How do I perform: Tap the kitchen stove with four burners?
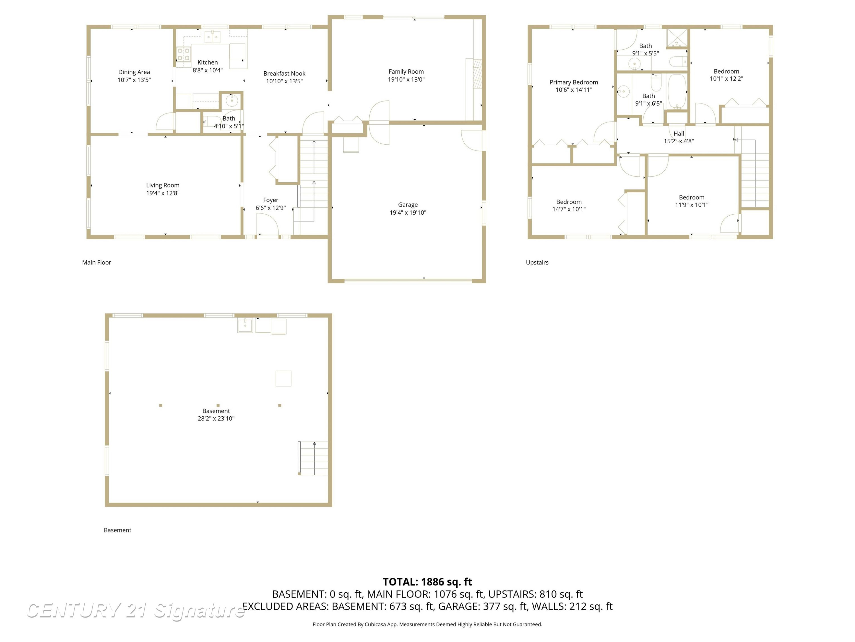pyautogui.click(x=184, y=54)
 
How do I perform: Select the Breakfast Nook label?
pyautogui.click(x=284, y=74)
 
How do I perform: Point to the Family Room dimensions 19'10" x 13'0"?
pyautogui.click(x=406, y=79)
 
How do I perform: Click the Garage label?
pyautogui.click(x=408, y=205)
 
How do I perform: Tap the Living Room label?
pyautogui.click(x=163, y=185)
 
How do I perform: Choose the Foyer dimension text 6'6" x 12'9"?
pyautogui.click(x=270, y=208)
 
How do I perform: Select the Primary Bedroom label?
pyautogui.click(x=574, y=82)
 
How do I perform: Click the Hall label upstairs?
pyautogui.click(x=679, y=134)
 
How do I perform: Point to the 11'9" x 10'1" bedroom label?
pyautogui.click(x=691, y=197)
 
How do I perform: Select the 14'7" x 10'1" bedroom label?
pyautogui.click(x=569, y=202)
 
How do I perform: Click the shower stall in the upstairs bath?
pyautogui.click(x=677, y=38)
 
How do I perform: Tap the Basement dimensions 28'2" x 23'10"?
pyautogui.click(x=216, y=418)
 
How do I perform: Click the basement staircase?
pyautogui.click(x=313, y=458)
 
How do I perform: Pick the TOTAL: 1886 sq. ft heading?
pyautogui.click(x=427, y=582)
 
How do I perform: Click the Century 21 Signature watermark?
pyautogui.click(x=135, y=611)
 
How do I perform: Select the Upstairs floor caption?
pyautogui.click(x=537, y=263)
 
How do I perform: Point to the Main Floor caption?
pyautogui.click(x=96, y=263)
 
